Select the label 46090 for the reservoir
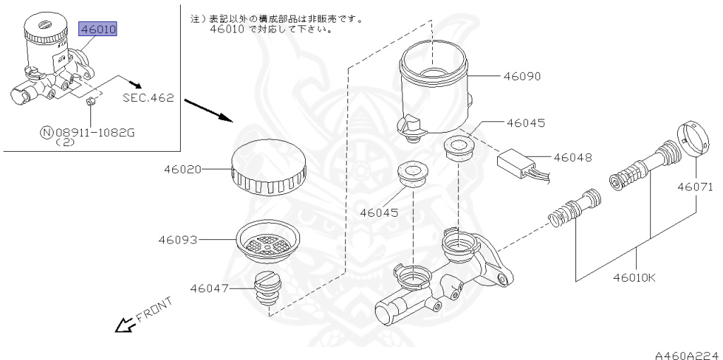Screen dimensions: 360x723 (521, 76)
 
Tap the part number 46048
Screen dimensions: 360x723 (573, 157)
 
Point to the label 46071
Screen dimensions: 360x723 (698, 187)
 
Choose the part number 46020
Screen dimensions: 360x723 (183, 169)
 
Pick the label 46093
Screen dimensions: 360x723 (177, 240)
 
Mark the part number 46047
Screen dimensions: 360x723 (210, 288)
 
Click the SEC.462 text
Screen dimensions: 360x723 (148, 98)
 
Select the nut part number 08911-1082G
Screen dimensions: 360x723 (97, 131)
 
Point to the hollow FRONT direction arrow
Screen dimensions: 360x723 (125, 325)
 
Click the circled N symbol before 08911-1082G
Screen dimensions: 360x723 (47, 131)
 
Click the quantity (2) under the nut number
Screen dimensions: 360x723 (68, 142)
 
